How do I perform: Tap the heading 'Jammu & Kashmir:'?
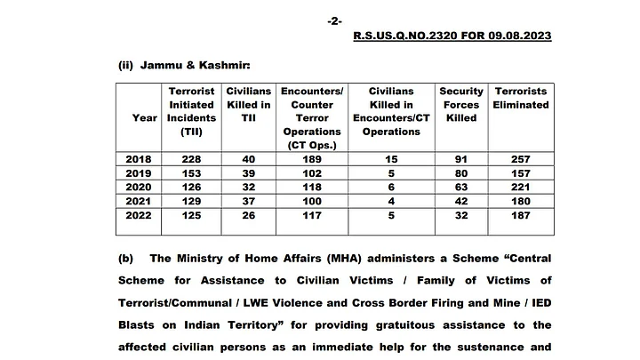(x=185, y=66)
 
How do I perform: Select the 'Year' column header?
(x=145, y=117)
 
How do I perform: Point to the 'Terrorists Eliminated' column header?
(x=522, y=98)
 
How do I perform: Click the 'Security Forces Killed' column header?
(x=461, y=104)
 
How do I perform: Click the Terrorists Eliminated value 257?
(x=522, y=158)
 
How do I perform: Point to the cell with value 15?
(x=391, y=158)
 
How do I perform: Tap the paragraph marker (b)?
(x=125, y=259)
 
